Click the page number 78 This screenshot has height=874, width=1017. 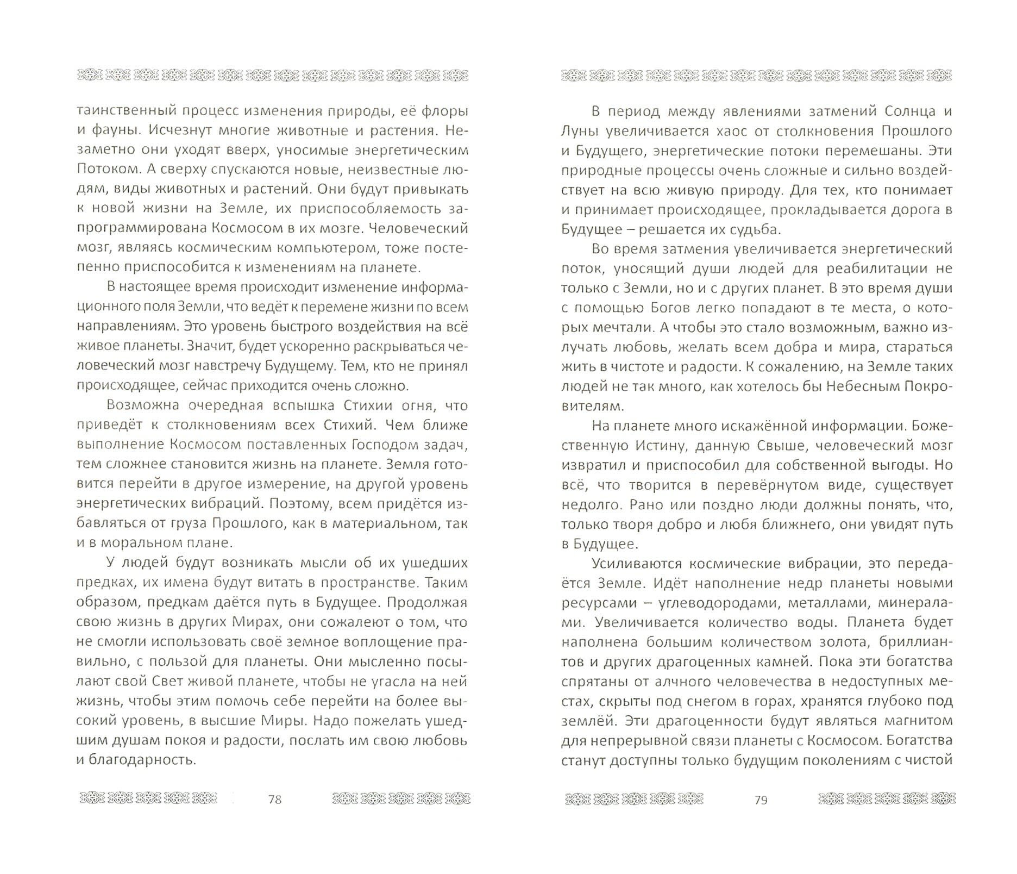[275, 799]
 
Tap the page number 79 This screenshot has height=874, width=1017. [761, 800]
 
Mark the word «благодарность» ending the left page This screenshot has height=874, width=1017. [136, 760]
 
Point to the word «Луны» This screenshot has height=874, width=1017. [580, 131]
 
